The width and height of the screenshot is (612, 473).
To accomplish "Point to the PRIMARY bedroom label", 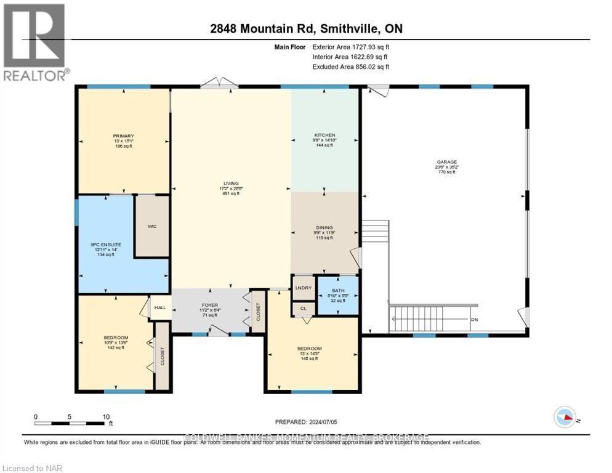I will click(x=123, y=136).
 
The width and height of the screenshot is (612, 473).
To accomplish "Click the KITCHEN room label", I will click(x=324, y=135).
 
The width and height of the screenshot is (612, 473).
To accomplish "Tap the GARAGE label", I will click(x=446, y=162).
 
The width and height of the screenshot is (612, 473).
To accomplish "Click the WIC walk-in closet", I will click(x=152, y=226).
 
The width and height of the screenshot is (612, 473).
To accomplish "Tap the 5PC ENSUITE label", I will click(x=106, y=245).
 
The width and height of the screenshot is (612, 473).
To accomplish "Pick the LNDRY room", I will click(x=303, y=287).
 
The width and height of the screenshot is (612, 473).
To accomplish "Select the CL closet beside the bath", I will click(x=303, y=309).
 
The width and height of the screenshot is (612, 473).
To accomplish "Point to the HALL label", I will click(x=160, y=307).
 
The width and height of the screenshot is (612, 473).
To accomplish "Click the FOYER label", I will click(x=211, y=304).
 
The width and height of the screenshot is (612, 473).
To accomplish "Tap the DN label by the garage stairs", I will click(x=473, y=320).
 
